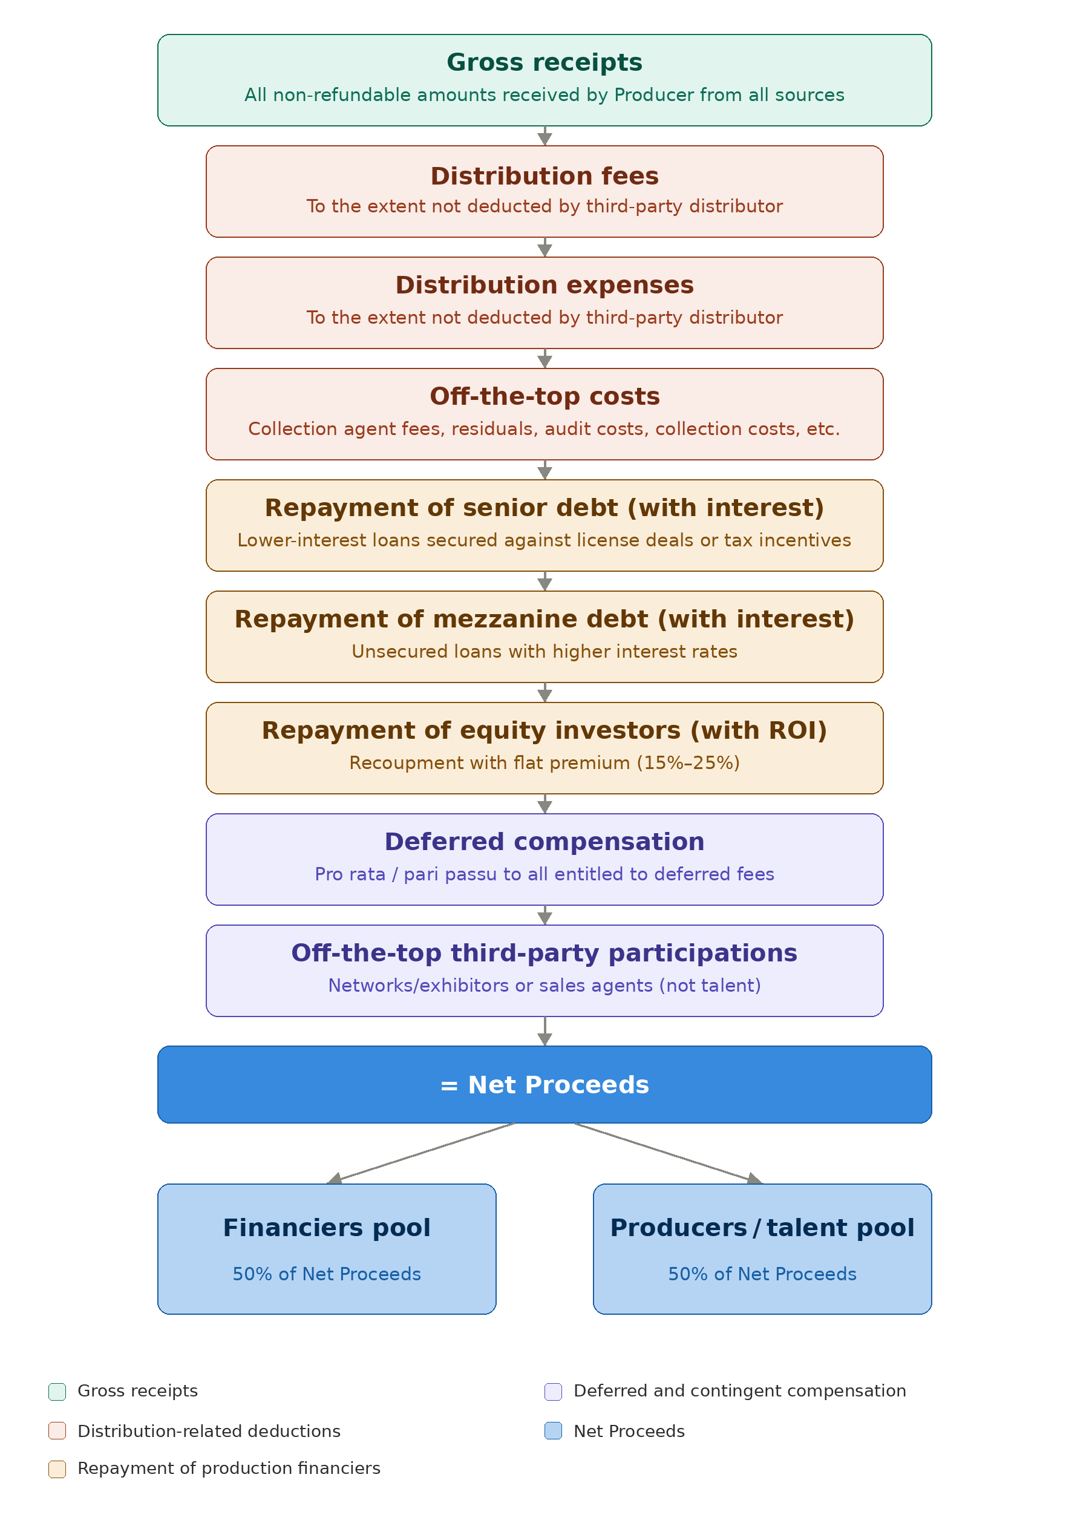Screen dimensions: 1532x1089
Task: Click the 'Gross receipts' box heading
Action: click(x=544, y=62)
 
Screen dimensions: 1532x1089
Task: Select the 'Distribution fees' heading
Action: click(x=544, y=175)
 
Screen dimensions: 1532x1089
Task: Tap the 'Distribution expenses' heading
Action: click(x=544, y=285)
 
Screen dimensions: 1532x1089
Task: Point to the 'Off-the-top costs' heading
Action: click(x=544, y=396)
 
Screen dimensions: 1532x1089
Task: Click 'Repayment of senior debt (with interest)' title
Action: click(x=544, y=508)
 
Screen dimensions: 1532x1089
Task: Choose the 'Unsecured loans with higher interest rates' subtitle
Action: click(x=544, y=651)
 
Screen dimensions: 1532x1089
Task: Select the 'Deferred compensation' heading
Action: click(x=544, y=842)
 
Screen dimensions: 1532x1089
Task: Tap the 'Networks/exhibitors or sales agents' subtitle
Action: click(x=544, y=985)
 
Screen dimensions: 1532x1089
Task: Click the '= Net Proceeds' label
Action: click(x=544, y=1084)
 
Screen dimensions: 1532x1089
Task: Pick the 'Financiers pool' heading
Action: click(x=327, y=1227)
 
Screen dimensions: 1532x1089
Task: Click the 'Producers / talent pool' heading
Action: click(x=762, y=1227)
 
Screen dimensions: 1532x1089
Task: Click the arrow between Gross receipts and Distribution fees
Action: click(x=544, y=136)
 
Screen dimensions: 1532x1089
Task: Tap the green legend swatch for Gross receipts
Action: click(x=57, y=1391)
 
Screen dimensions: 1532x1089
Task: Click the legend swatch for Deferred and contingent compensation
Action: click(x=552, y=1391)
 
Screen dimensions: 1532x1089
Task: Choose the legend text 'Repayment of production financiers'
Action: click(x=229, y=1468)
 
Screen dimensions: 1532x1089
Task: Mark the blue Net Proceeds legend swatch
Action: click(x=552, y=1430)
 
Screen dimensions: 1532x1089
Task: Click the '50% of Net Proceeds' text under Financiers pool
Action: click(x=327, y=1273)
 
